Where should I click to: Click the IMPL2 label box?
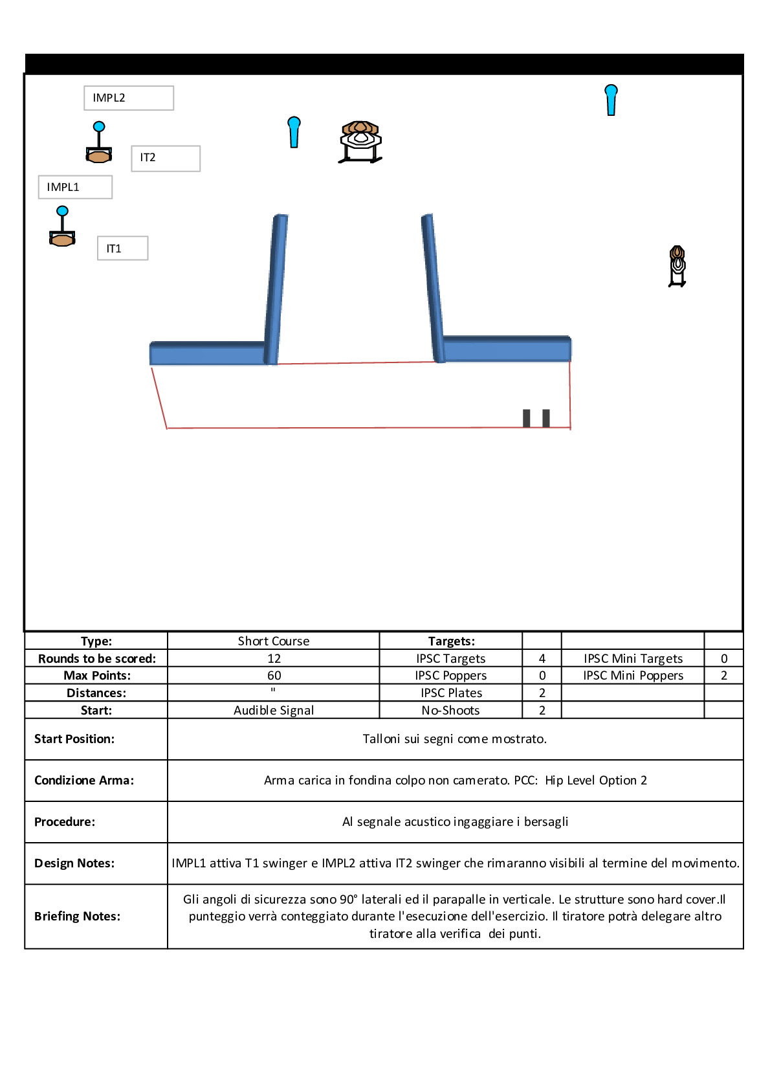pyautogui.click(x=129, y=98)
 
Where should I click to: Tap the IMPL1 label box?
pyautogui.click(x=75, y=187)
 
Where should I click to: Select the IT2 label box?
pyautogui.click(x=166, y=158)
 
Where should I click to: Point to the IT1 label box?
pyautogui.click(x=123, y=249)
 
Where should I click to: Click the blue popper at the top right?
pyautogui.click(x=611, y=100)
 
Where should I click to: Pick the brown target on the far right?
pyautogui.click(x=677, y=265)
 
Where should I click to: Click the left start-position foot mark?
pyautogui.click(x=527, y=418)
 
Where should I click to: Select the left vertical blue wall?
pyautogui.click(x=276, y=289)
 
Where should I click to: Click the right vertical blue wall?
pyautogui.click(x=433, y=288)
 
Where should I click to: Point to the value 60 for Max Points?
pyautogui.click(x=274, y=676)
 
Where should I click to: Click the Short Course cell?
pyautogui.click(x=274, y=641)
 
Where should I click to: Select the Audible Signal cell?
pyautogui.click(x=274, y=711)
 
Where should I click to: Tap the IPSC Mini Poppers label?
pyautogui.click(x=633, y=676)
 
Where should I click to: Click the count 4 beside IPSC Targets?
pyautogui.click(x=542, y=659)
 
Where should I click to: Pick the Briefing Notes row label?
pyautogui.click(x=78, y=917)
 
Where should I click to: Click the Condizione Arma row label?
pyautogui.click(x=84, y=781)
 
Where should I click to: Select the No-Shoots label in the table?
pyautogui.click(x=450, y=711)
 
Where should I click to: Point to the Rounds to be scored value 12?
pyautogui.click(x=274, y=659)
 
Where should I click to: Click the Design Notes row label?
pyautogui.click(x=74, y=863)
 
